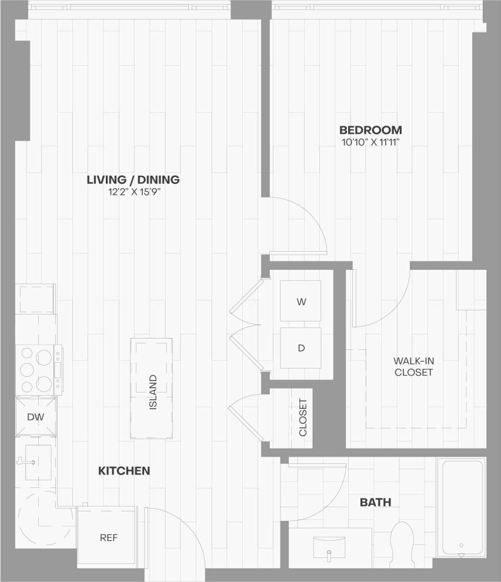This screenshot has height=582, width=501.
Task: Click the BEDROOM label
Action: [x=370, y=130]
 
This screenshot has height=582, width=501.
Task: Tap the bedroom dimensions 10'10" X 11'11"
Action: [x=370, y=142]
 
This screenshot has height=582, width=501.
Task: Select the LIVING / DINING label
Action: [x=133, y=180]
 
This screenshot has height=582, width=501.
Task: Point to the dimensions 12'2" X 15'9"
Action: [x=133, y=192]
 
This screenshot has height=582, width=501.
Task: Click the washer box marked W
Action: [x=300, y=302]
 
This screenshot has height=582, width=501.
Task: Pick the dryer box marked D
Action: [x=300, y=347]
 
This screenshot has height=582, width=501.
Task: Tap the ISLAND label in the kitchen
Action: [x=152, y=392]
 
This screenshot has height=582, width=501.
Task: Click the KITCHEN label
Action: [x=123, y=471]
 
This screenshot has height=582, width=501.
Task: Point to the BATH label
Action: [x=375, y=503]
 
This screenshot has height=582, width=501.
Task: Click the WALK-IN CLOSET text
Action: [x=413, y=366]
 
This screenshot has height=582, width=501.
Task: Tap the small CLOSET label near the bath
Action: [x=303, y=417]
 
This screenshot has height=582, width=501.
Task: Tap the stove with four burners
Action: [x=36, y=370]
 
